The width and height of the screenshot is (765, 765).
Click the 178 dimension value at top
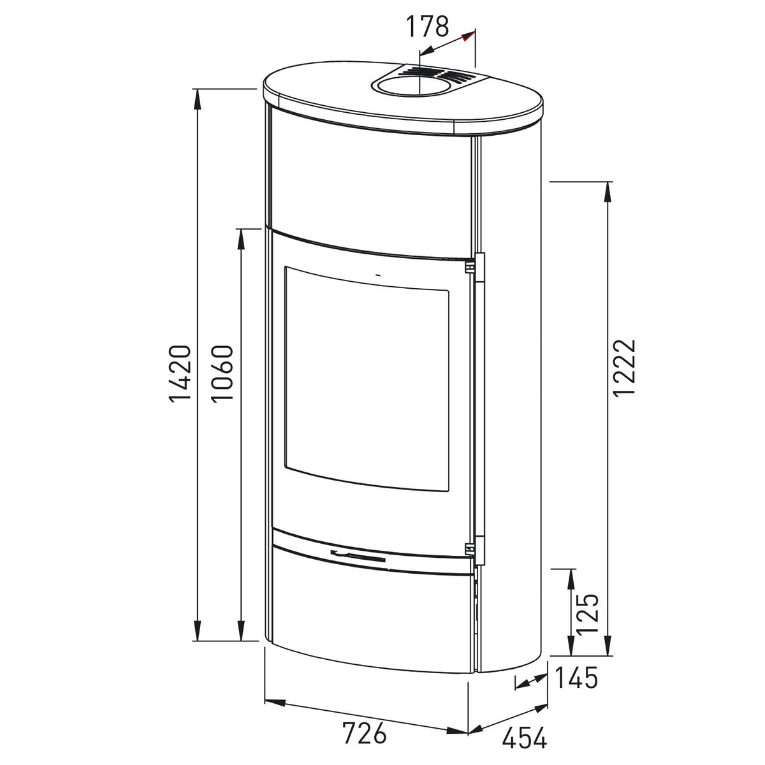tap(426, 27)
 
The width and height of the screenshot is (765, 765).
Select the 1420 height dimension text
tap(181, 374)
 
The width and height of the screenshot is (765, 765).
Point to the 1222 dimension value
tap(625, 367)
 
